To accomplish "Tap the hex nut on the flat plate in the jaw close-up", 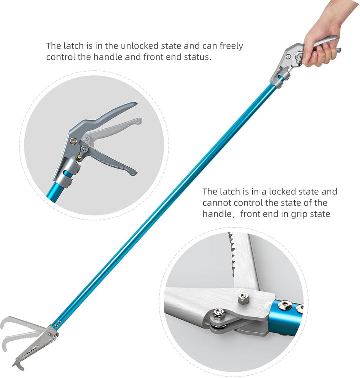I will (x=243, y=299).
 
